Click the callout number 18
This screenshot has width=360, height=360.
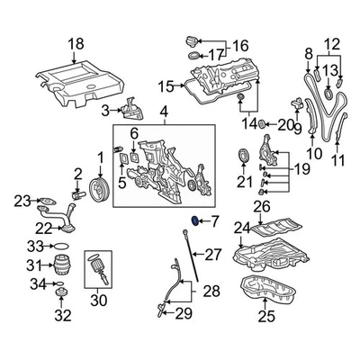tap(76, 42)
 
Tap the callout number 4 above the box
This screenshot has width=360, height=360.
tap(163, 112)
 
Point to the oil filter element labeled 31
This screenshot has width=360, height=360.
tap(62, 265)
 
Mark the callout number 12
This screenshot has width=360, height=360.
tap(332, 42)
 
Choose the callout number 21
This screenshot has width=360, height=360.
tap(241, 184)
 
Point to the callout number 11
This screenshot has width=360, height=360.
tap(338, 161)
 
